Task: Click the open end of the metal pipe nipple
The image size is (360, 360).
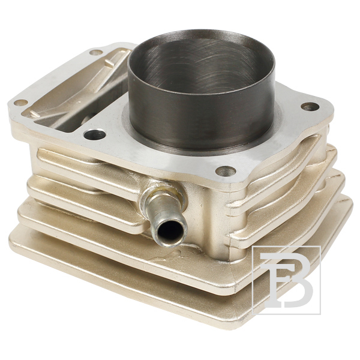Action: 170,232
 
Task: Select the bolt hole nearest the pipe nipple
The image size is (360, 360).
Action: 226,172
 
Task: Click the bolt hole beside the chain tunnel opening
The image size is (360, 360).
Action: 95,135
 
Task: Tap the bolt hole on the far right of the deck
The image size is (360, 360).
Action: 310,107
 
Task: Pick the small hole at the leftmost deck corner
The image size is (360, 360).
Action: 21,102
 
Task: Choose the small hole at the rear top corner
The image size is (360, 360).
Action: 96,52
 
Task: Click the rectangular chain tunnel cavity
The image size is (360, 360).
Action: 76,92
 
